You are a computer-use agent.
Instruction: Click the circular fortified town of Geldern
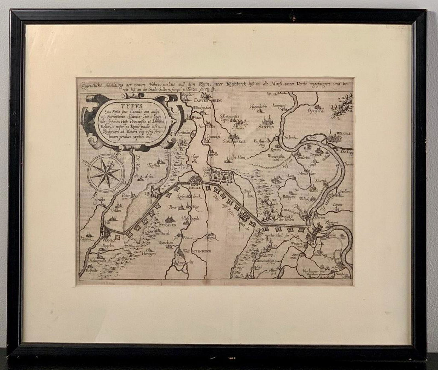tap(195, 181)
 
